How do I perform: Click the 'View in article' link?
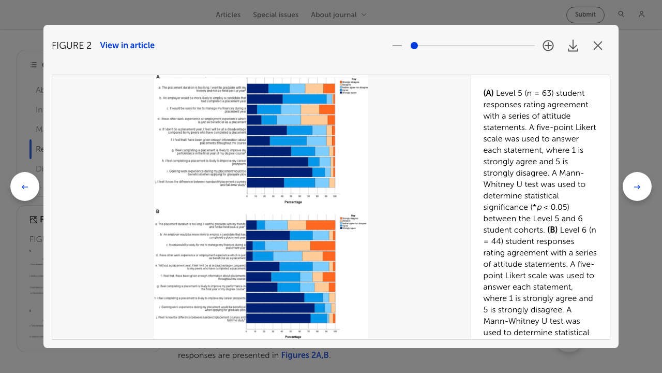click(127, 46)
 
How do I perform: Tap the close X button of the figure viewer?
click(598, 46)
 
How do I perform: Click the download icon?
click(573, 46)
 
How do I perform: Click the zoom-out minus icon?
click(397, 46)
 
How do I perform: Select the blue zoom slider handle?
click(414, 46)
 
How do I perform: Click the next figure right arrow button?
click(637, 187)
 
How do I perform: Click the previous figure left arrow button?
click(25, 187)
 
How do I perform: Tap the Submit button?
click(585, 15)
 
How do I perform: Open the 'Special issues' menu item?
click(276, 15)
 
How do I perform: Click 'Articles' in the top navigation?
click(228, 15)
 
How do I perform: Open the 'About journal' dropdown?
click(339, 15)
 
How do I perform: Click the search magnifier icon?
click(621, 15)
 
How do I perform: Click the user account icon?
click(641, 15)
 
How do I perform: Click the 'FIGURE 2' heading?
click(71, 46)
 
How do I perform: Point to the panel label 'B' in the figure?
click(158, 211)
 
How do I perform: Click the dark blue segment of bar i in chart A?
click(279, 172)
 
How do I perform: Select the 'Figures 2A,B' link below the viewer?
click(305, 355)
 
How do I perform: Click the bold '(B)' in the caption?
click(552, 230)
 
